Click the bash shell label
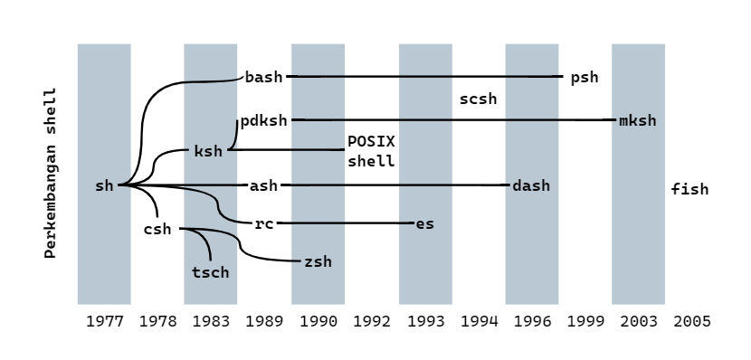263,77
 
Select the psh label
585,77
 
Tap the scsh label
478,99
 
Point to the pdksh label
263,120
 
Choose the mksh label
638,120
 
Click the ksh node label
208,151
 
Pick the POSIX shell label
372,152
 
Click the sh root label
104,185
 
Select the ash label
263,185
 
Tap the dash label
531,185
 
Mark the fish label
689,189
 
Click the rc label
263,223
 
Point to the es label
424,223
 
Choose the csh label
157,229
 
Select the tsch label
211,271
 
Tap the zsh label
318,261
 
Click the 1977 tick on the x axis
104,321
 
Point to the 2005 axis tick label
691,321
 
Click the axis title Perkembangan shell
51,173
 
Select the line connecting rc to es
344,223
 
